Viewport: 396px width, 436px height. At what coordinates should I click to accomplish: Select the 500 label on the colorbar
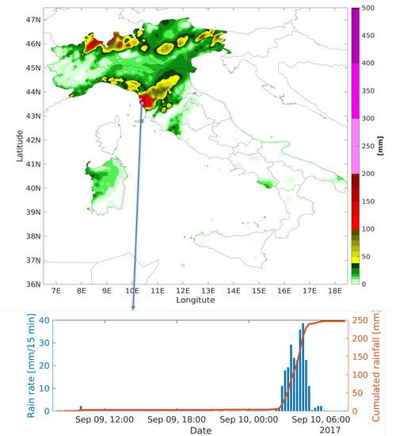367,9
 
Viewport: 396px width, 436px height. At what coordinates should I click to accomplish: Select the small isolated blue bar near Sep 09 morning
80,407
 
